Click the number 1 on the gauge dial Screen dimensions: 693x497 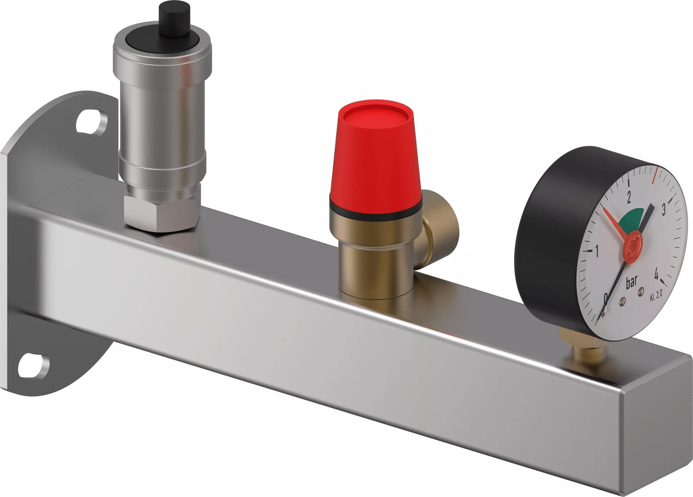click(x=596, y=252)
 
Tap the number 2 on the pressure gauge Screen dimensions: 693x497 click(x=629, y=197)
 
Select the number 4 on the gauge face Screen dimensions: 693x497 click(x=657, y=275)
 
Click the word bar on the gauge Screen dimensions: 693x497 click(x=631, y=282)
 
